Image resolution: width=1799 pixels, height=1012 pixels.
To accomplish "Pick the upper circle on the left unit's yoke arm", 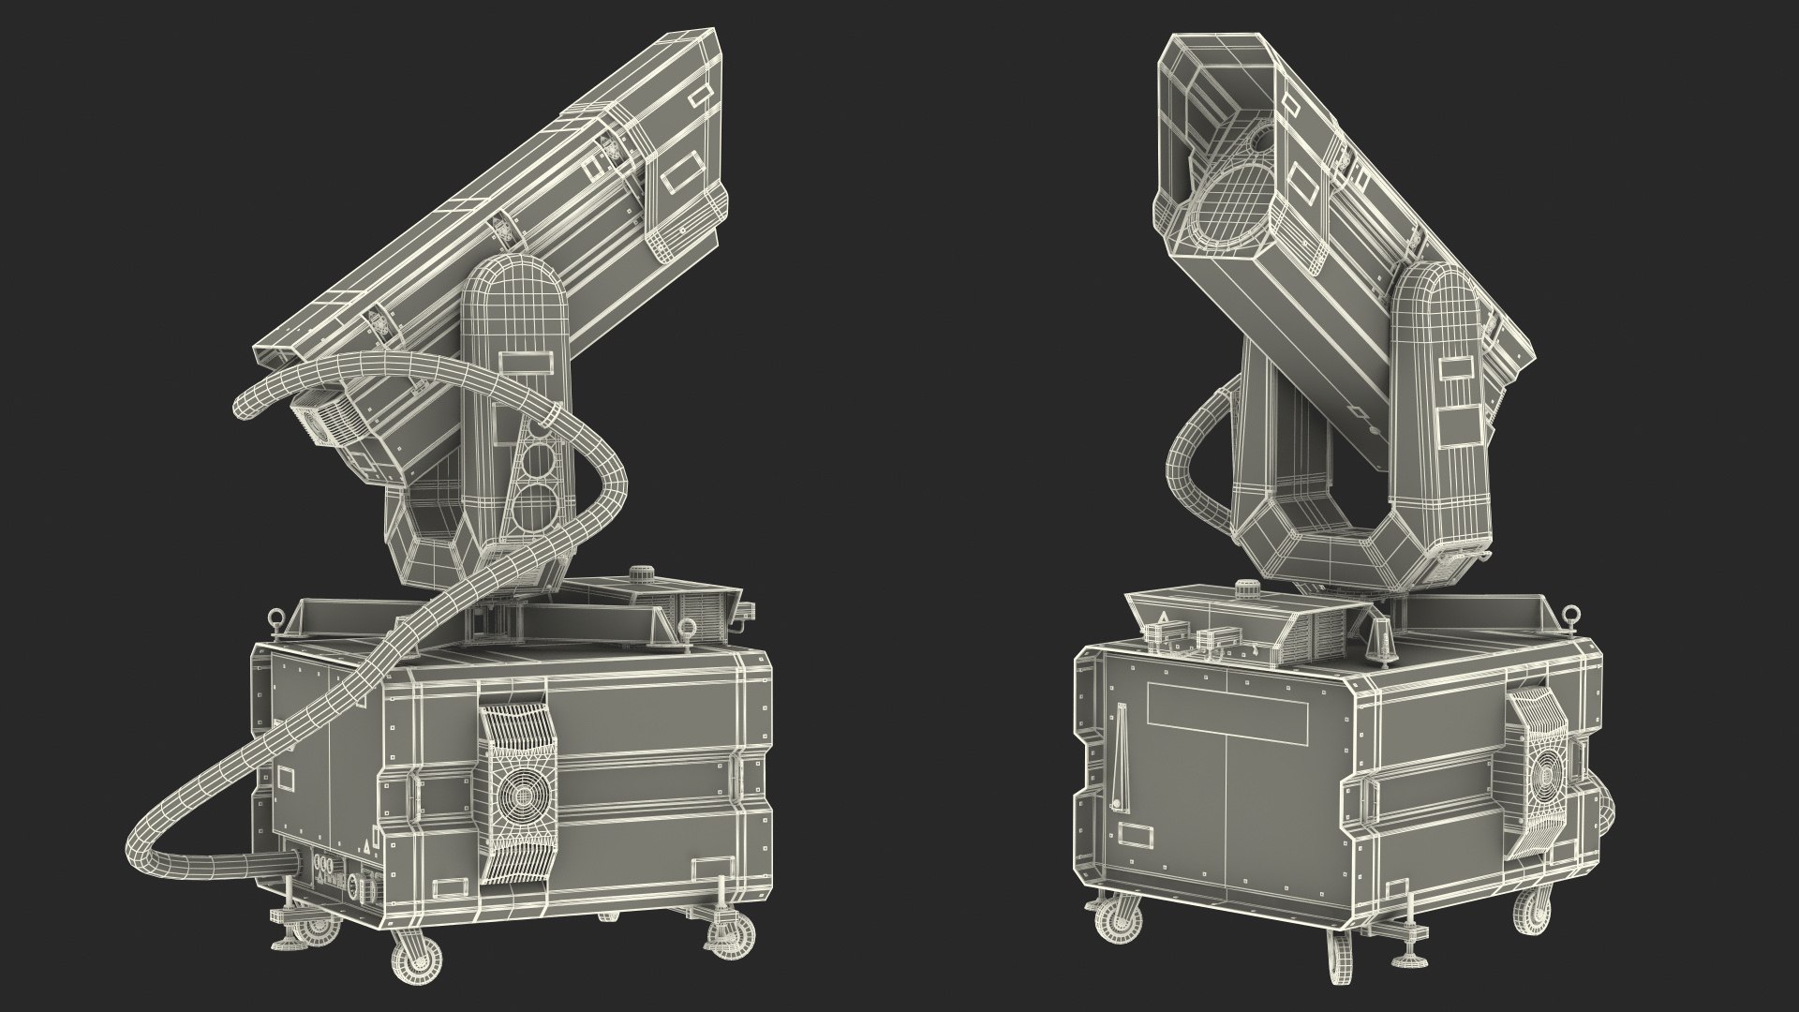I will click(x=538, y=458).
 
